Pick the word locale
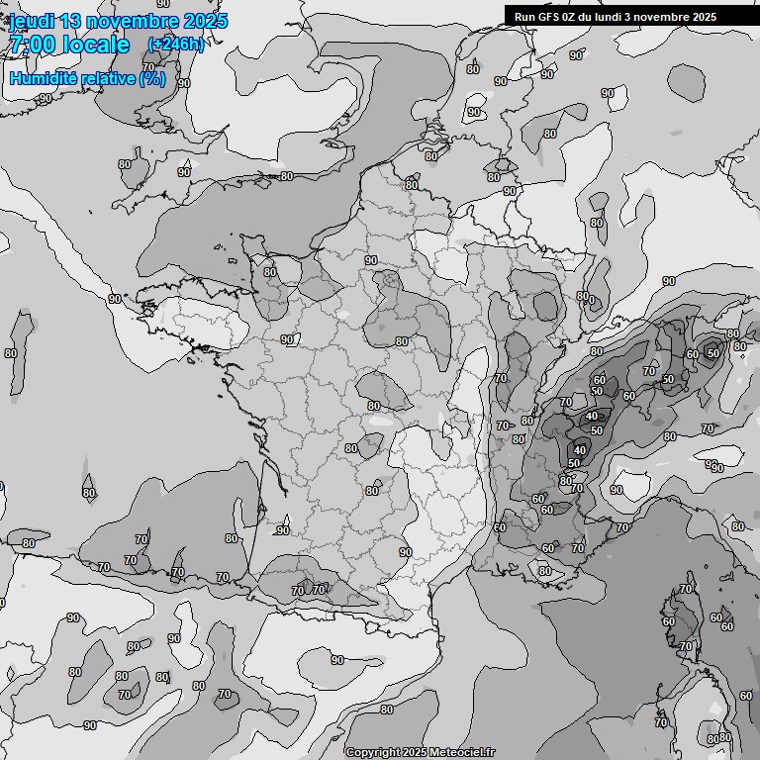[x=97, y=45]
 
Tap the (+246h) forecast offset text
[x=175, y=44]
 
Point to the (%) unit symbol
[x=152, y=78]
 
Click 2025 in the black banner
[x=703, y=17]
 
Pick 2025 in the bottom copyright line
[x=413, y=753]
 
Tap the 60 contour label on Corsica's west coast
[x=668, y=621]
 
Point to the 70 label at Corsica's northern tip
[x=686, y=590]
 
